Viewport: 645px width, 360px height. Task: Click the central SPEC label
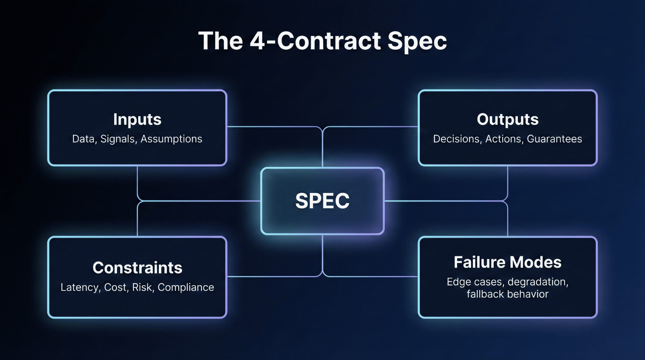click(322, 201)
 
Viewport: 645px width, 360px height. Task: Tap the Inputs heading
click(137, 120)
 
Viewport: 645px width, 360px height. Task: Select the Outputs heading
click(507, 119)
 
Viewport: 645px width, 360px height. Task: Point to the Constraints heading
click(137, 268)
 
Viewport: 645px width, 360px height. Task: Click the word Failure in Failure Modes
click(479, 262)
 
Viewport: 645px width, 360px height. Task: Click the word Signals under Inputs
click(118, 139)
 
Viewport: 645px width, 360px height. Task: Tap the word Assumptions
click(171, 139)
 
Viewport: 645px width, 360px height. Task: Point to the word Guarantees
click(554, 139)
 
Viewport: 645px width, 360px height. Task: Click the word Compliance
click(186, 287)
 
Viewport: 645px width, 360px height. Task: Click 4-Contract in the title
click(315, 41)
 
